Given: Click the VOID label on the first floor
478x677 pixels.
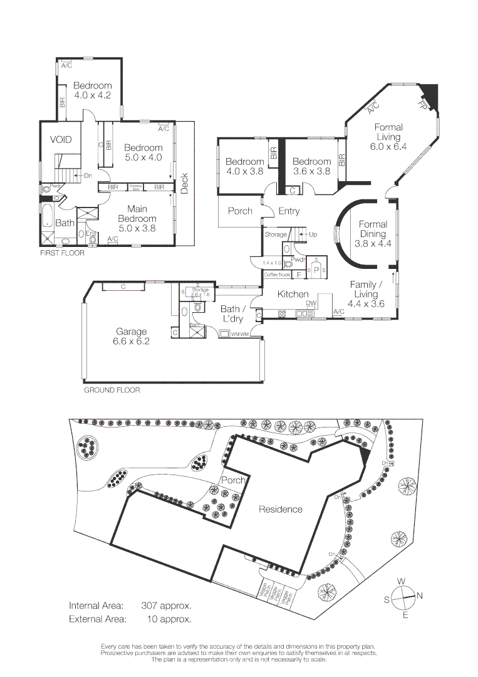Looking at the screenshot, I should (61, 139).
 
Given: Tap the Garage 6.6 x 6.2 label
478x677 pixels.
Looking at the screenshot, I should (131, 337).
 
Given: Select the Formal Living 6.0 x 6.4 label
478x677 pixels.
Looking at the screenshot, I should (388, 137).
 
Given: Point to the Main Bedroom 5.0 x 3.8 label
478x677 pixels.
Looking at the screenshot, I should (141, 219).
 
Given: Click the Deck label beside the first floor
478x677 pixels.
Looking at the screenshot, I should (184, 182).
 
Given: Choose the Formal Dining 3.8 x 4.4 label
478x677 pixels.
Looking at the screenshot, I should (373, 234).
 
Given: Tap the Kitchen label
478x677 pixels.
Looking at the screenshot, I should (293, 294).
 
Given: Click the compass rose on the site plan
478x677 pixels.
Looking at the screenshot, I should (404, 596).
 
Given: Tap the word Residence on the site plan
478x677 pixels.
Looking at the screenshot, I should (280, 510).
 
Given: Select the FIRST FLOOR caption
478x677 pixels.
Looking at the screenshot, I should (62, 253).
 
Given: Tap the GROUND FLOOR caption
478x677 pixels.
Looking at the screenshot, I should (112, 390).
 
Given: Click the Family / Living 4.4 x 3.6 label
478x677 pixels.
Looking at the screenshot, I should (366, 294).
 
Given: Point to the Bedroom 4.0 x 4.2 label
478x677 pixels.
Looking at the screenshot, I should (92, 91).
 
